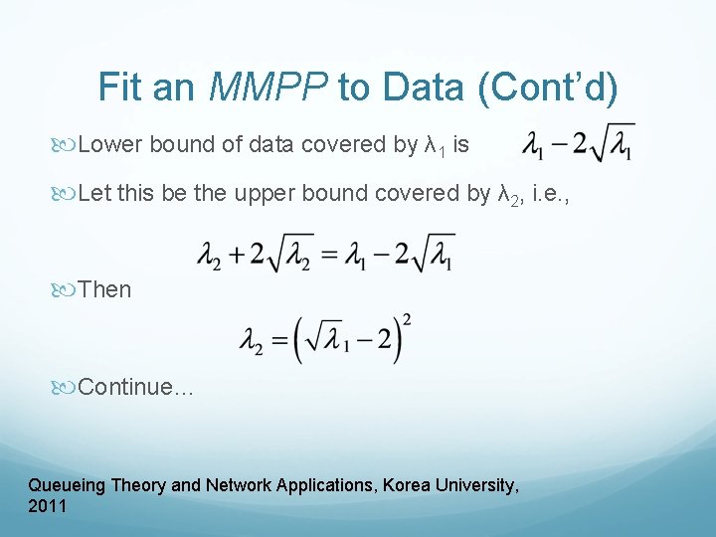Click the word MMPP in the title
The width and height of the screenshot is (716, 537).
268,89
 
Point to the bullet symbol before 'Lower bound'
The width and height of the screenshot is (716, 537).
66,146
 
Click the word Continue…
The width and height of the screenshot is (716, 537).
135,387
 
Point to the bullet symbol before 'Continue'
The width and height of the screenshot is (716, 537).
66,388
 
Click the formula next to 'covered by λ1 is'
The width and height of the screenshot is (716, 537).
578,145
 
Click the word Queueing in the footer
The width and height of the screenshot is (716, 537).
67,485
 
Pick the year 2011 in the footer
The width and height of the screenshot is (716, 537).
48,506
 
